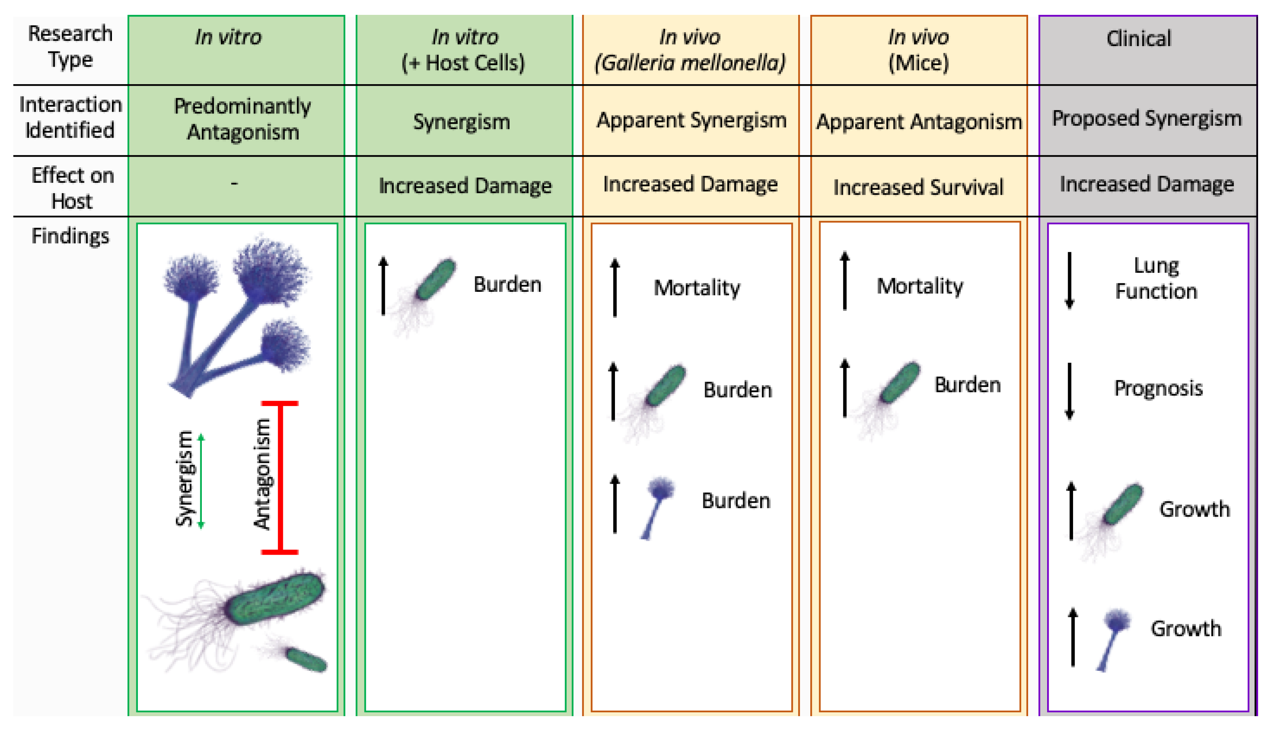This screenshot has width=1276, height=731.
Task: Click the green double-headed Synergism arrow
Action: [201, 481]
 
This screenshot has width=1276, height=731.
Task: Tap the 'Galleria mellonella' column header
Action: [690, 50]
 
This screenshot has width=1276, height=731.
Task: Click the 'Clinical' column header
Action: [1139, 39]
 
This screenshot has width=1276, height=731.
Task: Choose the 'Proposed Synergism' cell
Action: [1147, 118]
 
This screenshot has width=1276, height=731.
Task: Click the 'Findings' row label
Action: [70, 236]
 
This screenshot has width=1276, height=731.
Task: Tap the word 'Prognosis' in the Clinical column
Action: [1158, 388]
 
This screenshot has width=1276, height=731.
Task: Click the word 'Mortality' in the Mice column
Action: [919, 286]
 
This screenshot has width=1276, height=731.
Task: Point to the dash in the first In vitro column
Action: [234, 184]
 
